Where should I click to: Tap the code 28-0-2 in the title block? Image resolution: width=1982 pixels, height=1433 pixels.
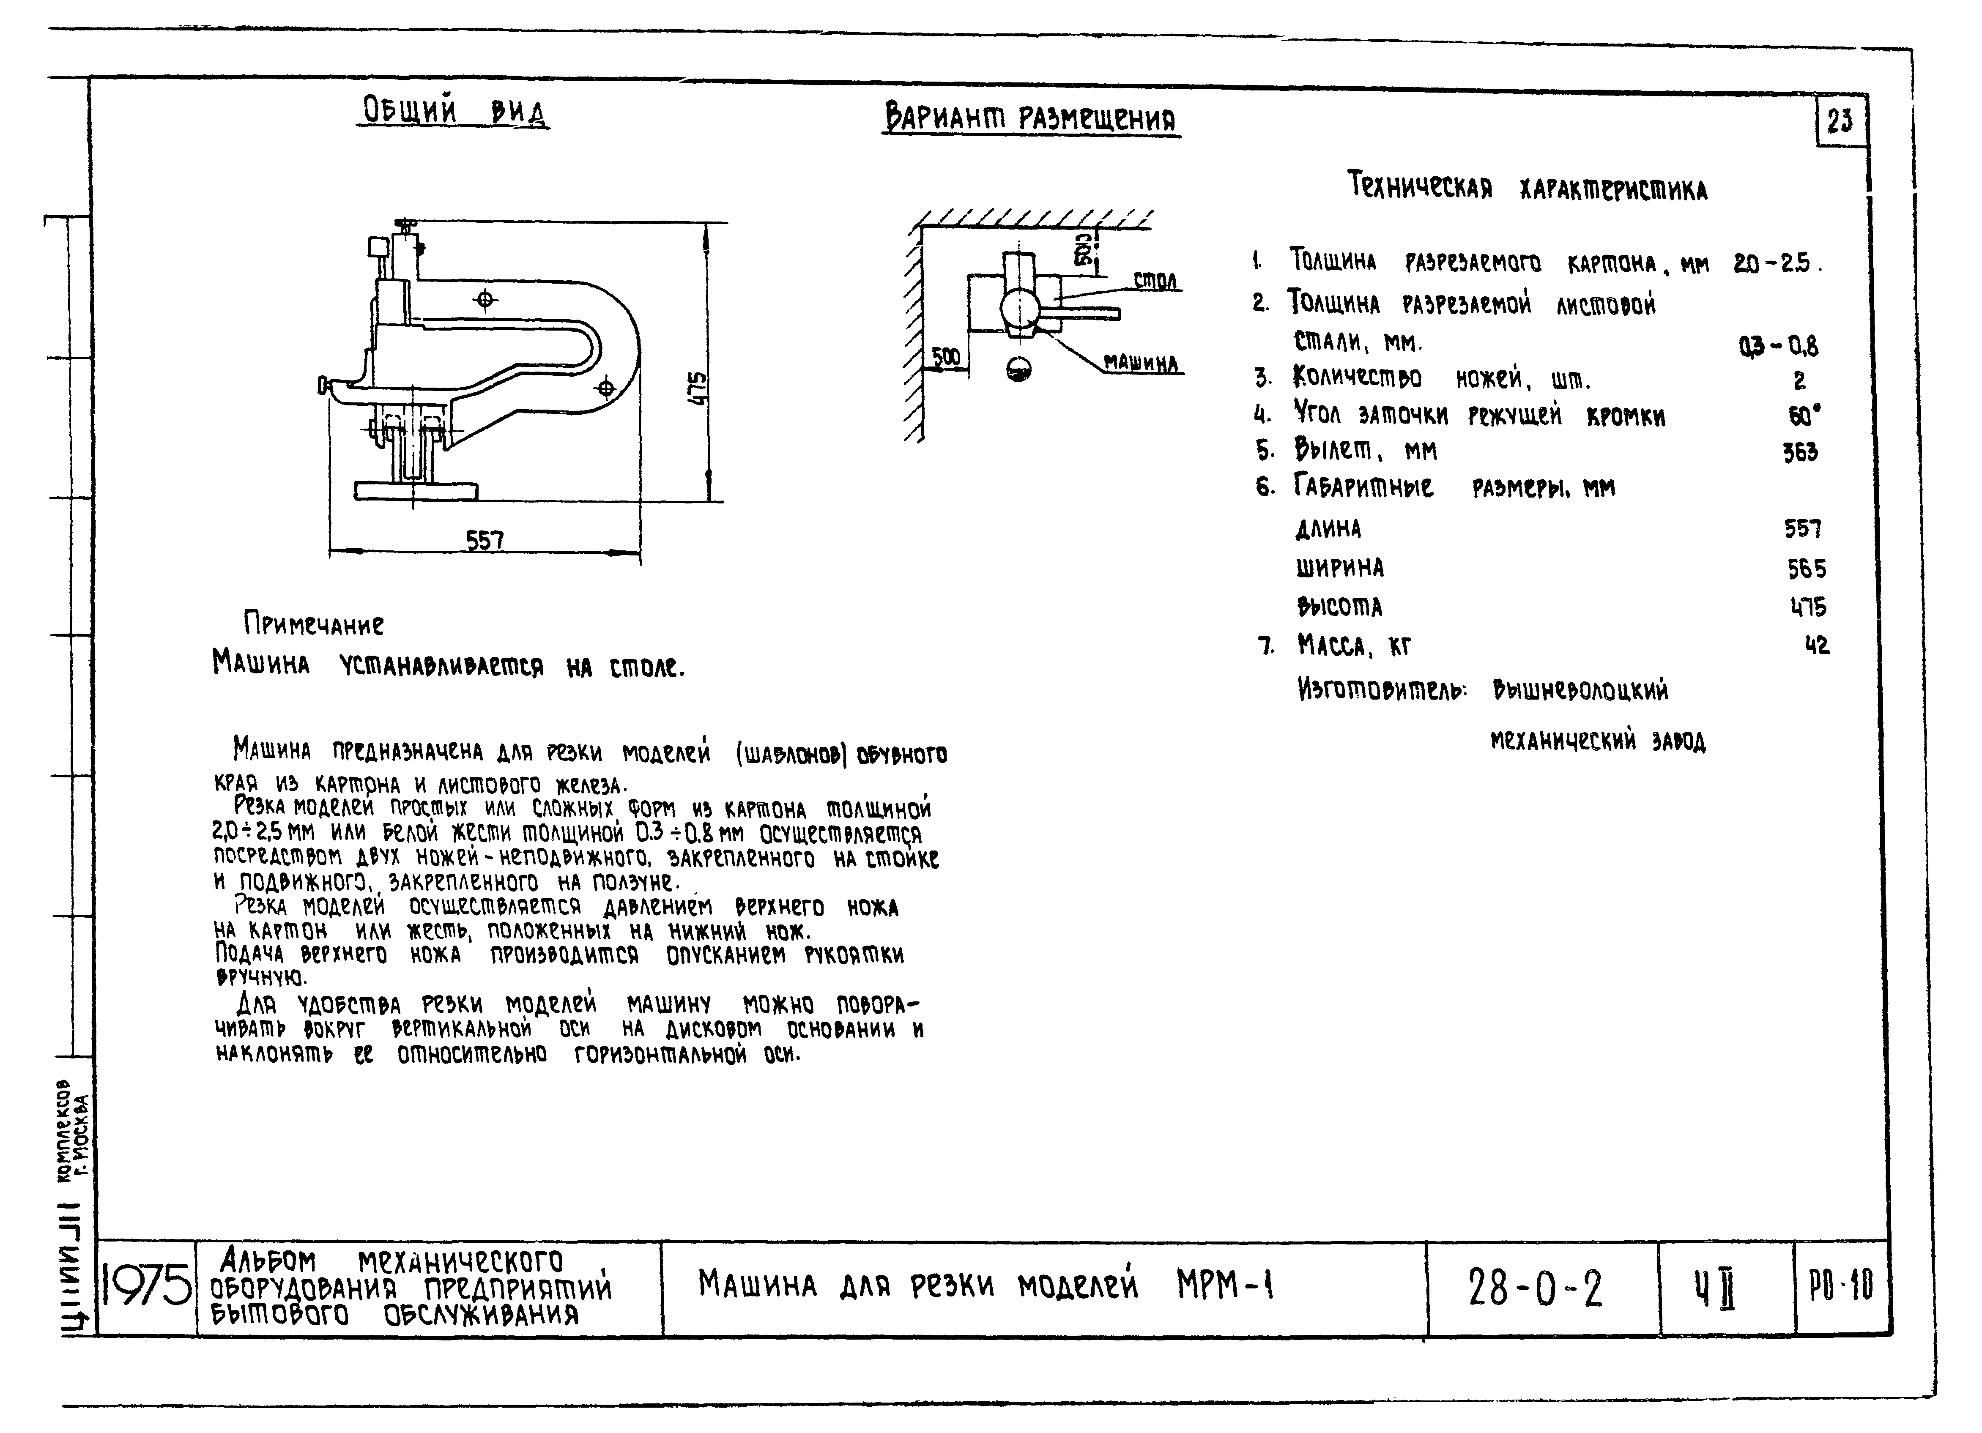click(1536, 1288)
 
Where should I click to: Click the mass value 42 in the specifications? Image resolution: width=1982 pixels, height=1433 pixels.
click(1817, 646)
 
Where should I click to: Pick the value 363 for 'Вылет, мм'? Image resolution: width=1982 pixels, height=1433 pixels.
click(1800, 452)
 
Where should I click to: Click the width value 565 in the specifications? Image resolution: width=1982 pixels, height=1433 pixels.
click(1807, 569)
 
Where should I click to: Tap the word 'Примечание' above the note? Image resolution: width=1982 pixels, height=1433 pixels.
click(314, 624)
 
